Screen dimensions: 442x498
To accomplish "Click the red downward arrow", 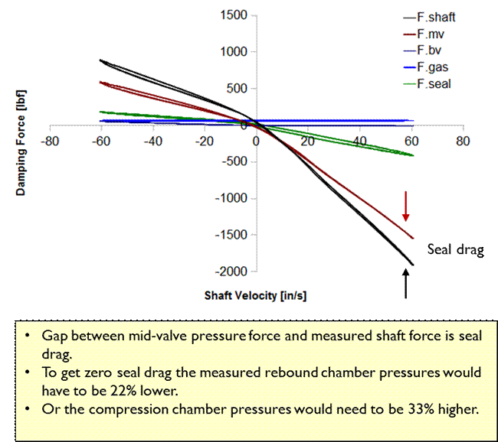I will pyautogui.click(x=407, y=206).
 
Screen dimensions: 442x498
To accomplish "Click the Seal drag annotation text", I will pyautogui.click(x=454, y=250).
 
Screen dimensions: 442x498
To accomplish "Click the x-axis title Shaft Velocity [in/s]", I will pyautogui.click(x=256, y=295).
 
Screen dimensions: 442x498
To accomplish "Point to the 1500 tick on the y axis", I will pyautogui.click(x=233, y=15).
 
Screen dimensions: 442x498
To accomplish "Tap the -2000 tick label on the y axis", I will pyautogui.click(x=231, y=271).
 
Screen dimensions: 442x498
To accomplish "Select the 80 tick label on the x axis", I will pyautogui.click(x=462, y=141).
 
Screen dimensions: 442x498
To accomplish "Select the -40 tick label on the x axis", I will pyautogui.click(x=153, y=141).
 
